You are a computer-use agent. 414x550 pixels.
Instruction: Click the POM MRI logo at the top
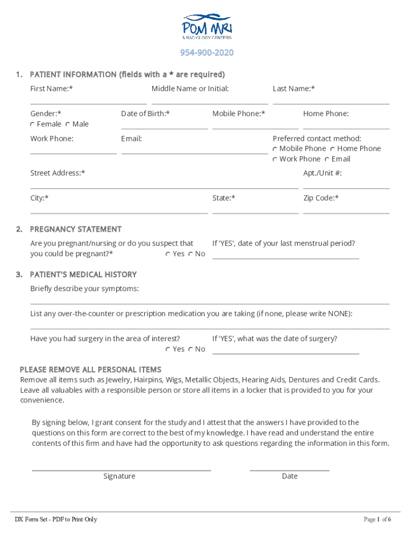206,27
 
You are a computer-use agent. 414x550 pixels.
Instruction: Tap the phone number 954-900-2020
206,53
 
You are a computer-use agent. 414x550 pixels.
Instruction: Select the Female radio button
32,125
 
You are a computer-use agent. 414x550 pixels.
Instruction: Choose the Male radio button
68,125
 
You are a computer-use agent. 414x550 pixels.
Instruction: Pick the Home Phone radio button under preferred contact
333,149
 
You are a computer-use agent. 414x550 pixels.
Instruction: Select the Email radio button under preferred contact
327,160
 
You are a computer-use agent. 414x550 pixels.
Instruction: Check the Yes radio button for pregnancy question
168,254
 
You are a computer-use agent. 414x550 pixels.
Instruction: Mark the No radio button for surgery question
191,350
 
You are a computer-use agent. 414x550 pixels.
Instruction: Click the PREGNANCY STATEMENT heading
76,229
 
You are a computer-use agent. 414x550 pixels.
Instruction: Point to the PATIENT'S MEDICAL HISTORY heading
83,274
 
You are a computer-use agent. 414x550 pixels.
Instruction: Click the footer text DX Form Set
56,519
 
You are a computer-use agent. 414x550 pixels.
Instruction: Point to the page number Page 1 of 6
377,519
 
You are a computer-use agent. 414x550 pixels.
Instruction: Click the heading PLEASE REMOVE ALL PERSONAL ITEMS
90,370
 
